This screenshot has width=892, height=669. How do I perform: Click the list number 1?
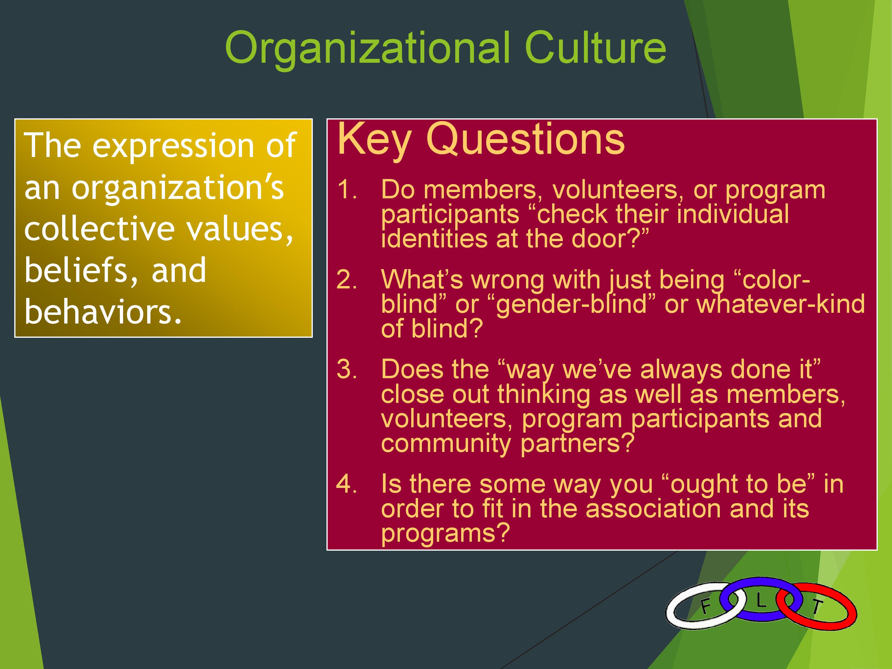coord(347,190)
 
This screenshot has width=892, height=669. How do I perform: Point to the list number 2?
coord(347,280)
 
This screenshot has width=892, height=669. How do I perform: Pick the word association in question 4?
coord(653,509)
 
